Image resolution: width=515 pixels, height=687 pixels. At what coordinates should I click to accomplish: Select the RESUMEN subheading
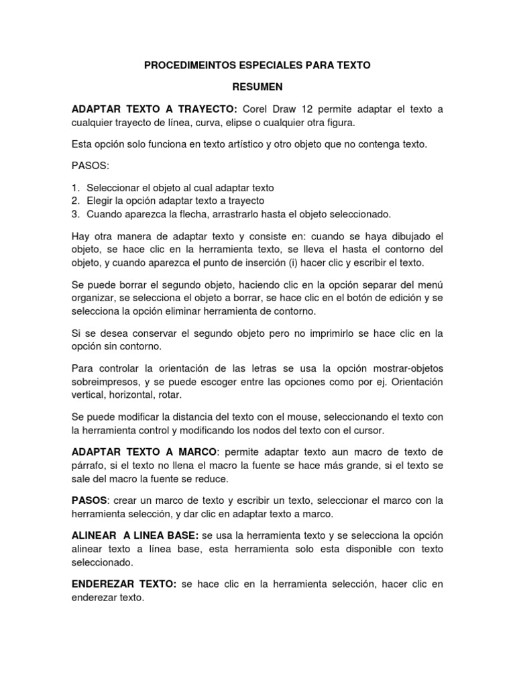pos(257,87)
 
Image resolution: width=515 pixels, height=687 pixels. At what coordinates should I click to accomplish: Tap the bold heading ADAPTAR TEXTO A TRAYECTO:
pos(154,109)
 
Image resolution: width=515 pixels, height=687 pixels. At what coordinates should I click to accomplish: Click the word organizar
pos(93,297)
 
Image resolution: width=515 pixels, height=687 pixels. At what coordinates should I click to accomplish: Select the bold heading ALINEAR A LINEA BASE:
pos(135,536)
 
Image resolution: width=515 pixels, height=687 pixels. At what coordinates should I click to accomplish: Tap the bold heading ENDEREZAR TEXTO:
pos(123,585)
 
